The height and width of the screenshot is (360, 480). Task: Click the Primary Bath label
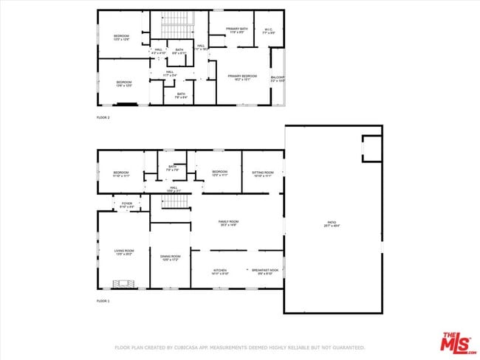coord(236,30)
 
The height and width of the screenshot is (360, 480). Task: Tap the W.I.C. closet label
coord(269,32)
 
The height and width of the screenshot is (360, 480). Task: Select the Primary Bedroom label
coord(242,77)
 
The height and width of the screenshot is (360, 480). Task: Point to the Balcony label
coord(278,77)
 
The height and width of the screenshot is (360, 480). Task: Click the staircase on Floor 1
coord(171,201)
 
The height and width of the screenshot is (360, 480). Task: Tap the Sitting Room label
coord(263,174)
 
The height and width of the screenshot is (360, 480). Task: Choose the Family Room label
coord(227,223)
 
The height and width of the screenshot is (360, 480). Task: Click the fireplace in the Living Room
coord(123,283)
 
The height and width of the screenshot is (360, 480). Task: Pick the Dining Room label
coord(170,257)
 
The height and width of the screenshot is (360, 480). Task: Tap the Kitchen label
coord(220,271)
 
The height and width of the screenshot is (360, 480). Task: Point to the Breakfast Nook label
coord(264,271)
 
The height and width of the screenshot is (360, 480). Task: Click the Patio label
coord(333,224)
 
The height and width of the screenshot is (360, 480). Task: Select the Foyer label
coord(127,205)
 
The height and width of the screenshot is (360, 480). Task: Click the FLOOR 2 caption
coord(103,118)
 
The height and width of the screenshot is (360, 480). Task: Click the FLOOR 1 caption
coord(103,302)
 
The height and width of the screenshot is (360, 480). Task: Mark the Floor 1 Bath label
coord(172,168)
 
